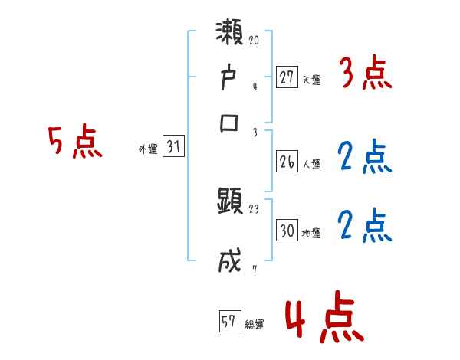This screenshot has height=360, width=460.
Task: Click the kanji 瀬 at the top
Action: point(230,36)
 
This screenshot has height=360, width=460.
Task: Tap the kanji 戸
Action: point(230,79)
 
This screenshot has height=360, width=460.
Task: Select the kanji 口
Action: point(230,123)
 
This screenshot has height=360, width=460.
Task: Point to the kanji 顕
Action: point(230,204)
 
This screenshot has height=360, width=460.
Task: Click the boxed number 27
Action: point(287,78)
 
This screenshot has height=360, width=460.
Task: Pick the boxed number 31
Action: point(173,148)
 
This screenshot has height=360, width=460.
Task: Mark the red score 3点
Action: point(364,75)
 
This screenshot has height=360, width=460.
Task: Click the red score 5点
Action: point(75,142)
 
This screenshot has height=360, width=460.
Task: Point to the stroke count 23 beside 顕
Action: point(255,207)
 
